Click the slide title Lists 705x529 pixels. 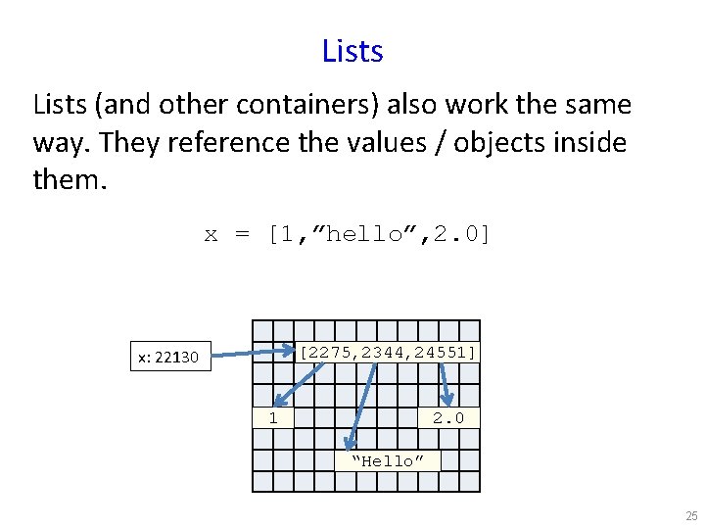[352, 51]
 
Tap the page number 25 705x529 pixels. [691, 516]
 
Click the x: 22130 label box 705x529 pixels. [170, 358]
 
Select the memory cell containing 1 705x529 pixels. [273, 418]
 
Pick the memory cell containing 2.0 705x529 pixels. [449, 418]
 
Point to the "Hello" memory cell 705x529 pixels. [388, 460]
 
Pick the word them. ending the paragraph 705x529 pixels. [65, 180]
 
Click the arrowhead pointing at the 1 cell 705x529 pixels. [278, 400]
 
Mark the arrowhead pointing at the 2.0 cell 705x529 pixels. [448, 400]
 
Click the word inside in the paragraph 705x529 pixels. [590, 143]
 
